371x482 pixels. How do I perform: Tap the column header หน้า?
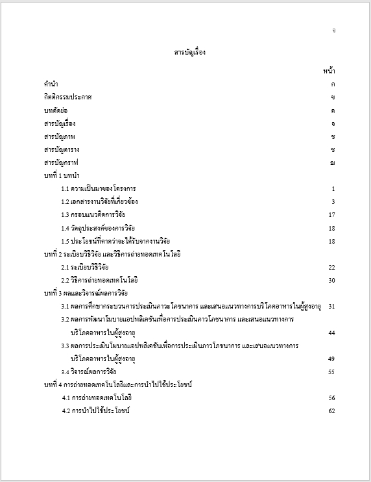328,70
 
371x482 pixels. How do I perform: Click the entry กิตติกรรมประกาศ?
67,97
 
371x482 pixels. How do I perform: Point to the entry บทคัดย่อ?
55,110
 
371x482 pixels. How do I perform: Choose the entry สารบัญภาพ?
59,136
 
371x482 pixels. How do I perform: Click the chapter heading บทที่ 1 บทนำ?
62,175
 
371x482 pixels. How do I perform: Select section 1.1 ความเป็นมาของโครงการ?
99,189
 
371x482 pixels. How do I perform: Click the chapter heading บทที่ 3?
81,293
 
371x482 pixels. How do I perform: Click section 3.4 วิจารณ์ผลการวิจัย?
89,372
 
